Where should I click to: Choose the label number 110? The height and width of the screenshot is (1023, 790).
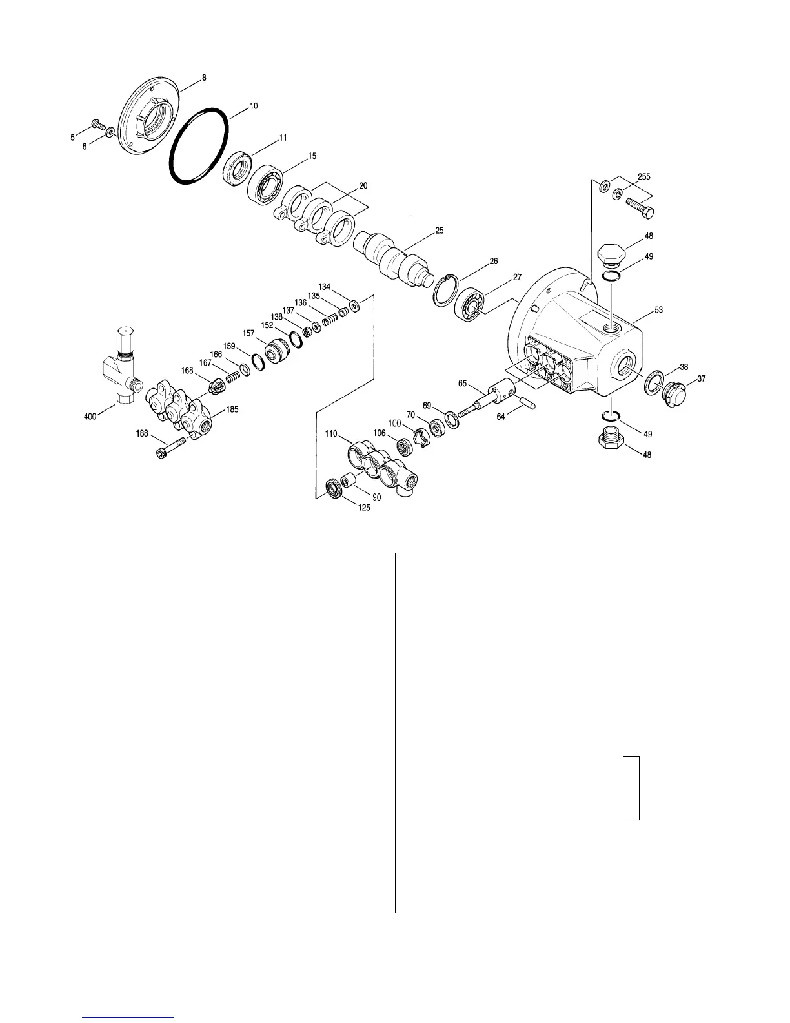[331, 435]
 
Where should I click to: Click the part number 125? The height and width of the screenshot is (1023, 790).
[365, 508]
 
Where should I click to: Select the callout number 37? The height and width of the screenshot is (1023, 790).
[701, 379]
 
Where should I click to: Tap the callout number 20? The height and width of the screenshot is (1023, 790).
[363, 185]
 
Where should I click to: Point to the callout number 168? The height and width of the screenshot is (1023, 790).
[188, 371]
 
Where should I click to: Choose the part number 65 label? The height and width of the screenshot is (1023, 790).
[463, 384]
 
